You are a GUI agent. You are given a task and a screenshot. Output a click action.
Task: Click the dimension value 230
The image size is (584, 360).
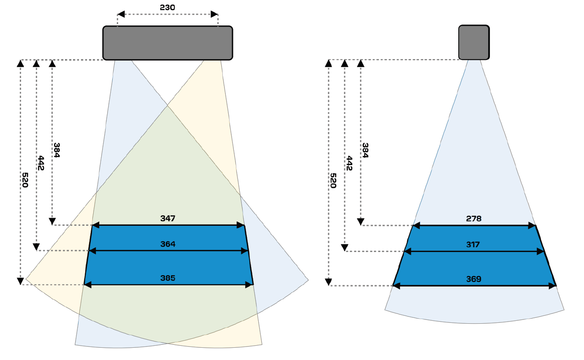pos(168,7)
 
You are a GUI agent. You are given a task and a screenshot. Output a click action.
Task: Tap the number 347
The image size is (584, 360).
pos(168,219)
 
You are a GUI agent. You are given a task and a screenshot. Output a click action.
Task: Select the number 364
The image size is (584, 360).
pos(168,244)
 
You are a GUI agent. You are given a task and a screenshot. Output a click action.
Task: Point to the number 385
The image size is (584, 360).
pos(168,278)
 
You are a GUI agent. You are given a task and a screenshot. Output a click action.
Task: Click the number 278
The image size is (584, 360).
pos(474,219)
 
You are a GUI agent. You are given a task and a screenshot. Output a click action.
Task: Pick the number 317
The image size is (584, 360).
pos(474,244)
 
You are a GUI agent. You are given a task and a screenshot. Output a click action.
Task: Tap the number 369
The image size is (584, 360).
pos(474,279)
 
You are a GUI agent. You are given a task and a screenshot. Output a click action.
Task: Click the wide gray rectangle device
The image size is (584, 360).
pos(168,43)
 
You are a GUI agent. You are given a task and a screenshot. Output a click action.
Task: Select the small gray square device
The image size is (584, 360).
pos(474,42)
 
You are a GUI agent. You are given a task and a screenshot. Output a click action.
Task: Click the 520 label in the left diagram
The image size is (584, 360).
pos(25,180)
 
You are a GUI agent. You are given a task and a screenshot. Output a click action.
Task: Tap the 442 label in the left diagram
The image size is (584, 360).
pos(41,163)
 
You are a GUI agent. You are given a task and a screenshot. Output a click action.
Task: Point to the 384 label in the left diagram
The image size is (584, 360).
pos(57,150)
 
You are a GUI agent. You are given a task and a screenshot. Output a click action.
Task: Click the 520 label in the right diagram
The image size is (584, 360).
pos(333,180)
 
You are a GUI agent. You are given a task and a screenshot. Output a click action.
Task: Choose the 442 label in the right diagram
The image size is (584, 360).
pos(349,163)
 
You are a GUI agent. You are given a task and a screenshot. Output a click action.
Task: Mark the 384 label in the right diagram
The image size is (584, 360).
pos(365,150)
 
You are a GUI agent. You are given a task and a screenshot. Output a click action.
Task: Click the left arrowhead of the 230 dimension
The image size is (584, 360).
pos(121,14)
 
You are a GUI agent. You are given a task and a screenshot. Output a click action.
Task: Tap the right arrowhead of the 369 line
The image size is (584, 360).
pos(552,286)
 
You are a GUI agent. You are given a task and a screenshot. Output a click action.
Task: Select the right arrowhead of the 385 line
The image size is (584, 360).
pos(249,285)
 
